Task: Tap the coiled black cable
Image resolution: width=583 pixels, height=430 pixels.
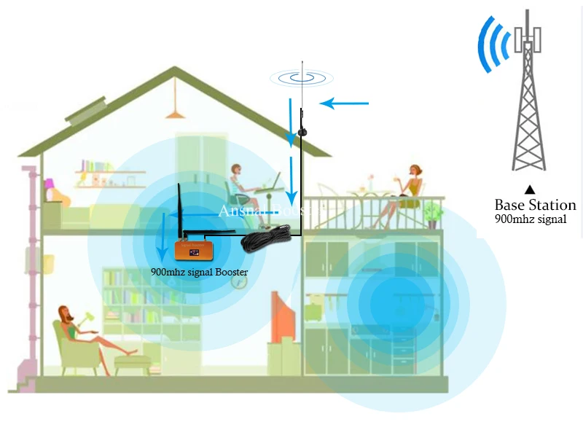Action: coord(266,238)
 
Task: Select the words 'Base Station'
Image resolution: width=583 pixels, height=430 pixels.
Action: coord(535,205)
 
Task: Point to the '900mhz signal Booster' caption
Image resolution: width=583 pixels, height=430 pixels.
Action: coord(199,273)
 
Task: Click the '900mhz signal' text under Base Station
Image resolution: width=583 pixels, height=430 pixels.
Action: coord(530,218)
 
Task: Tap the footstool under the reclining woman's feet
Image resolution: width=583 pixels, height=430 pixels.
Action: coord(133,361)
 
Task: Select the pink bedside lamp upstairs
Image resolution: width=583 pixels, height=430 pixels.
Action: coord(49,188)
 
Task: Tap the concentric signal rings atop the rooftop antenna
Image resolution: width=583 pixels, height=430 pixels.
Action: coord(301,76)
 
